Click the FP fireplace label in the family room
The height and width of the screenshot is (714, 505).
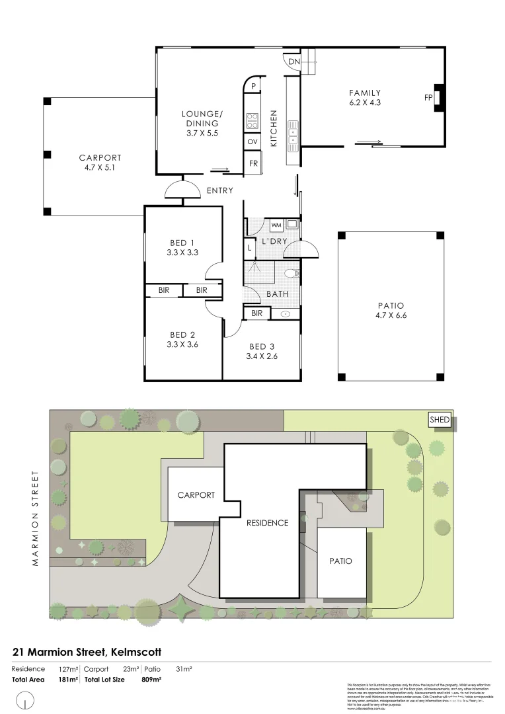click(428, 98)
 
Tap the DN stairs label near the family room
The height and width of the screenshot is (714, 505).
click(294, 62)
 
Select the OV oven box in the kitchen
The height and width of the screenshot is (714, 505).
click(252, 142)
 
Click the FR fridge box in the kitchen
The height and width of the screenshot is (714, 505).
click(252, 163)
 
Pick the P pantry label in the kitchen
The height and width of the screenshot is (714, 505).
click(253, 85)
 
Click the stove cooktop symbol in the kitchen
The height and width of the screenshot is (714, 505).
click(252, 120)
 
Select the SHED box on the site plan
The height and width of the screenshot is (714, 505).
click(440, 420)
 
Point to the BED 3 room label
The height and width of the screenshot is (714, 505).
click(262, 347)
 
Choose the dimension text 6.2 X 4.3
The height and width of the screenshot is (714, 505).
click(366, 102)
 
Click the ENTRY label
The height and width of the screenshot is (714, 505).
click(219, 190)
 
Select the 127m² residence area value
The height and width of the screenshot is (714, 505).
click(67, 669)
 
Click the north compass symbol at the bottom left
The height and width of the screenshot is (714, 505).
click(25, 699)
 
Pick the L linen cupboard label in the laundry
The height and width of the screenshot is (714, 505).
click(249, 248)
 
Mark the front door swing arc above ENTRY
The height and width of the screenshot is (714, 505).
click(182, 189)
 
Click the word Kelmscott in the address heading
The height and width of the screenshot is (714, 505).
click(134, 652)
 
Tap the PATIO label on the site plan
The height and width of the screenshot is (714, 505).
click(340, 561)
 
